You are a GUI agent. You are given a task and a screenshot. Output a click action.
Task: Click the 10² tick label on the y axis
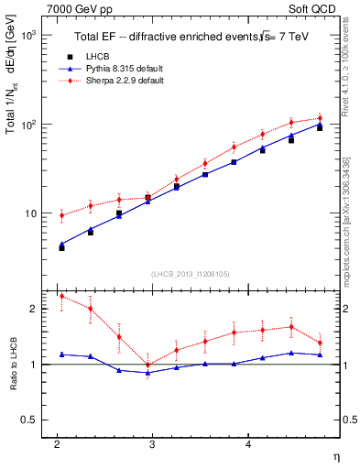click(29, 124)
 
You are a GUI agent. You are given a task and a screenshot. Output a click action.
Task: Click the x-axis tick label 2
click(57, 444)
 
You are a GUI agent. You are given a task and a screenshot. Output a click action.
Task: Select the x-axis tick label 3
click(152, 444)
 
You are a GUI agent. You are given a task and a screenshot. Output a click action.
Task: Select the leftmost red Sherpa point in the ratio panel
click(62, 296)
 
